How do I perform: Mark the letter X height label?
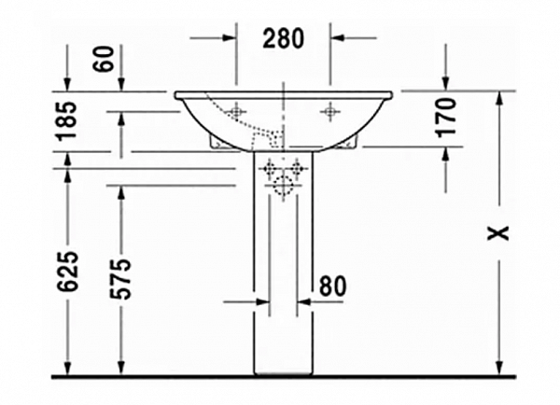pos(503,232)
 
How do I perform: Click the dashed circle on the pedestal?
pos(283,186)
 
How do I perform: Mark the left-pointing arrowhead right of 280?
pos(340,38)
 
